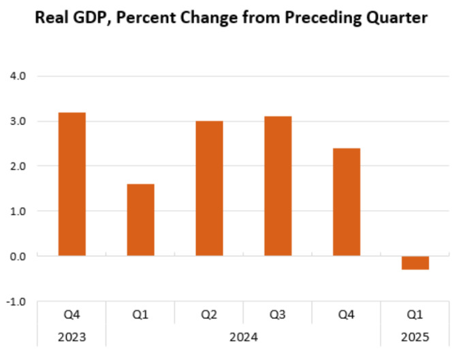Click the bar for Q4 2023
71,184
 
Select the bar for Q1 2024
140,220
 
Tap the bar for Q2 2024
209,189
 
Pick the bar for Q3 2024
278,186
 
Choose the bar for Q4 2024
347,202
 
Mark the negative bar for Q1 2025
415,263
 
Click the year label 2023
71,336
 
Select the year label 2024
243,336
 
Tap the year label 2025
415,336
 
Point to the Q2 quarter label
209,314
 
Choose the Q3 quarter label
278,314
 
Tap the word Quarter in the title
396,18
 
